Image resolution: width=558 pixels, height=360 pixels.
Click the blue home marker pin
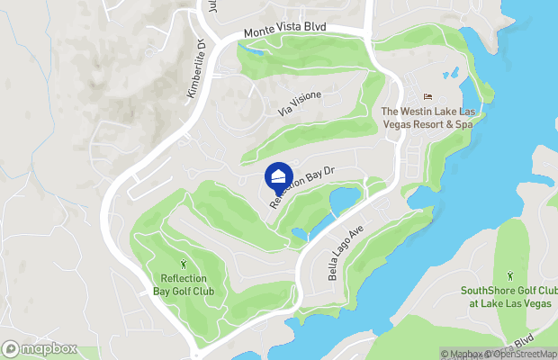[x=279, y=175]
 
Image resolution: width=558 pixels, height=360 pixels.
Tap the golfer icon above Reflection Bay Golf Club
[x=185, y=265]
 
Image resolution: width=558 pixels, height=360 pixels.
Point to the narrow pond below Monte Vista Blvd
[x=256, y=49]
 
